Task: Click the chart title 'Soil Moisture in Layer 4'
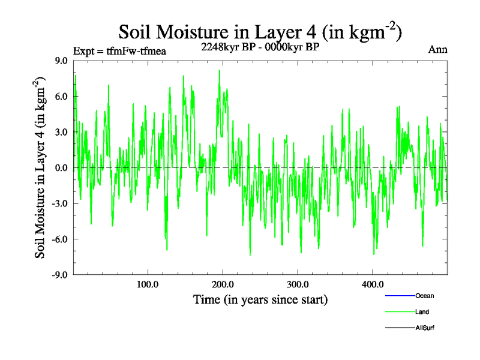tap(260, 32)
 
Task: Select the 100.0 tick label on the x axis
tap(148, 284)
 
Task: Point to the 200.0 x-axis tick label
tap(223, 284)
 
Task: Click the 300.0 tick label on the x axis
tap(298, 284)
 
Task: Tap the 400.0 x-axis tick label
tap(373, 284)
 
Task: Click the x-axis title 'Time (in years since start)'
tap(260, 299)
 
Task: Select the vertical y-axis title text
tap(41, 168)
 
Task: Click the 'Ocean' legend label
tap(424, 296)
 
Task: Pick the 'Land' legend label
tap(422, 312)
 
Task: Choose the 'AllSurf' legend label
tap(425, 328)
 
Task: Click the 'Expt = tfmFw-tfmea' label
tap(119, 50)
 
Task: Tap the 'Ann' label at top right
tap(437, 49)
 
